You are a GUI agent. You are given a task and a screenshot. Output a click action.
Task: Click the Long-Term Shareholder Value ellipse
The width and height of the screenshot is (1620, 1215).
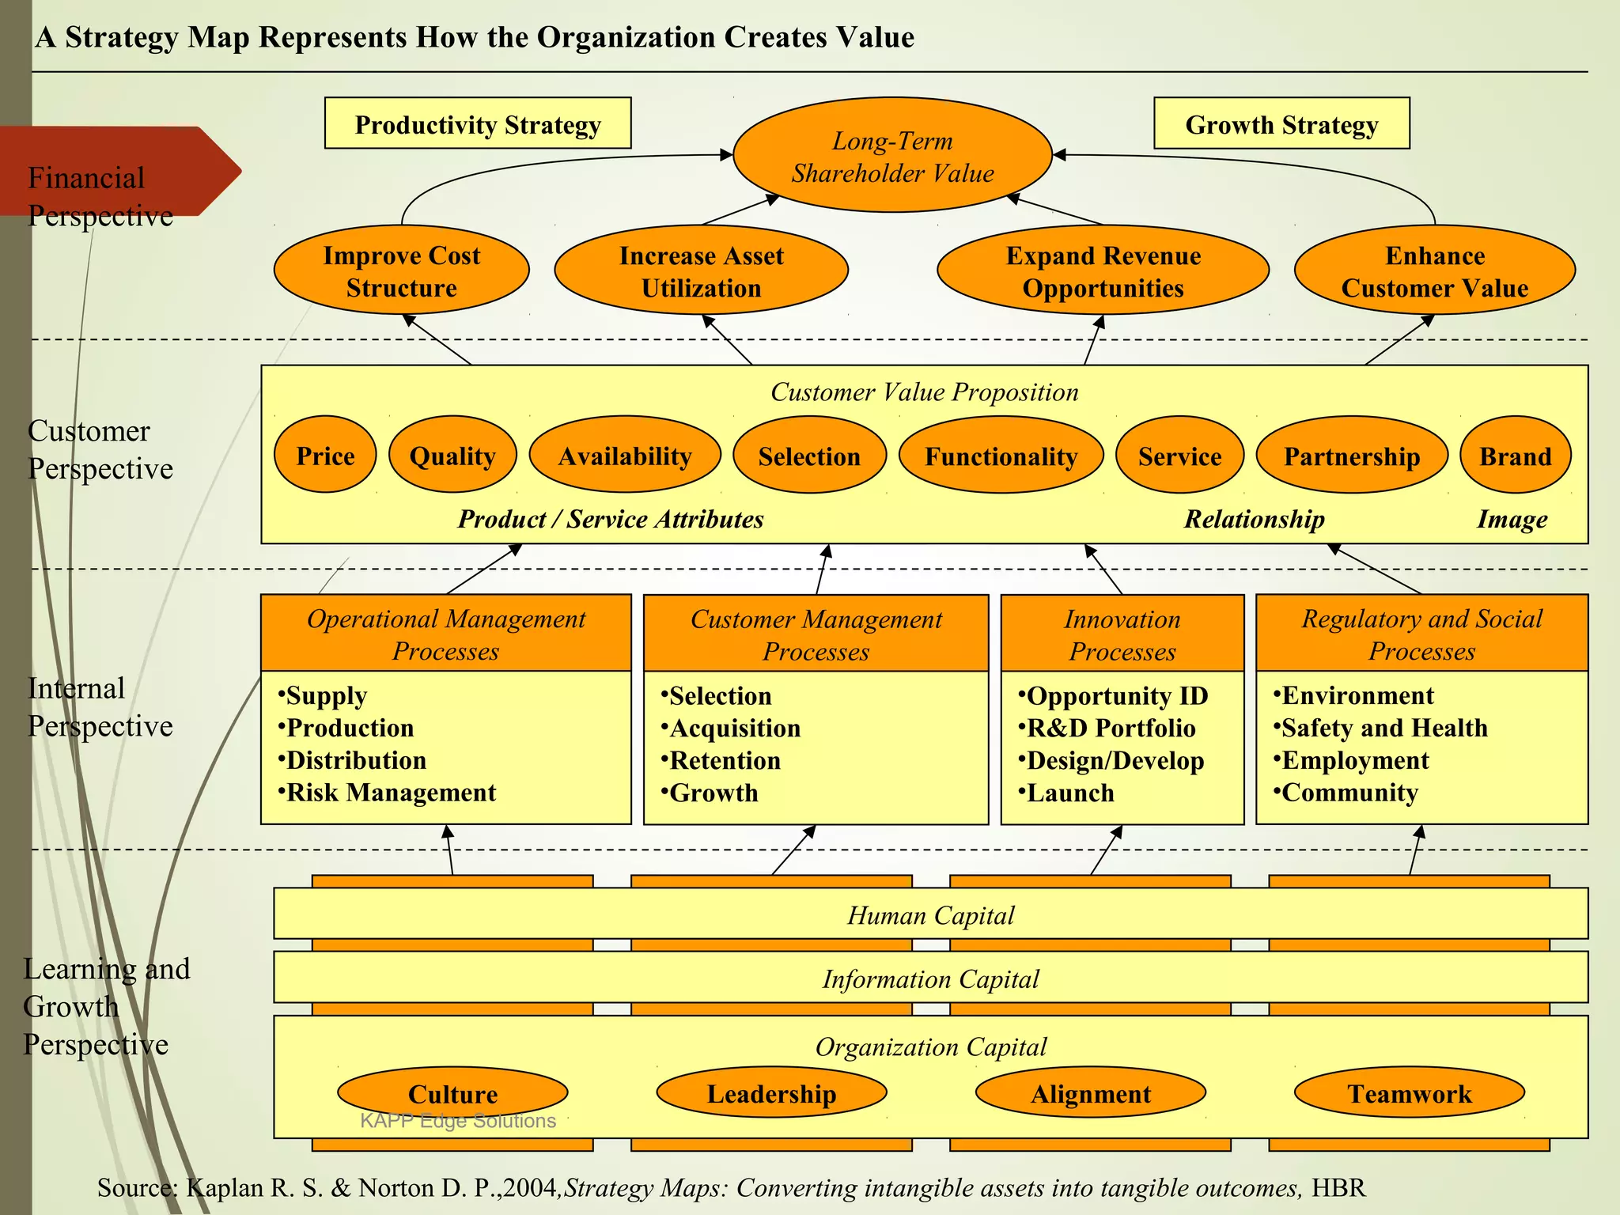[x=892, y=156]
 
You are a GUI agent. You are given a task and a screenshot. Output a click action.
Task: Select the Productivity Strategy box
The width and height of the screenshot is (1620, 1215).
[x=478, y=124]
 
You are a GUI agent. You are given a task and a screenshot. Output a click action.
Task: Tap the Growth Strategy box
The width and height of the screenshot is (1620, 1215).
[x=1281, y=124]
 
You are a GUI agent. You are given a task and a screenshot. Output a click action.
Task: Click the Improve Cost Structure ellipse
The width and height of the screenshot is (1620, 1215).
[x=401, y=271]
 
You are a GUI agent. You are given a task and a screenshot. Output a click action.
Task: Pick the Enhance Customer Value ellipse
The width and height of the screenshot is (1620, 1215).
[x=1434, y=271]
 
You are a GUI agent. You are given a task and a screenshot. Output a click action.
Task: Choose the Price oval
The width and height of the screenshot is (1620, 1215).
[x=325, y=456]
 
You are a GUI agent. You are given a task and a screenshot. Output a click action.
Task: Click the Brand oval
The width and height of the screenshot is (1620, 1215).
[x=1515, y=456]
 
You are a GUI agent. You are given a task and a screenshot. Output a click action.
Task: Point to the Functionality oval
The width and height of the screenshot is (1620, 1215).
[x=1001, y=456]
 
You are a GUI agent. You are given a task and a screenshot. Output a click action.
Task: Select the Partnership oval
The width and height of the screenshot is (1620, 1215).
[x=1351, y=456]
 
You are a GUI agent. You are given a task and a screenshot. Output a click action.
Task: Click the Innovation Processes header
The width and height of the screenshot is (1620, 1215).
[x=1122, y=634]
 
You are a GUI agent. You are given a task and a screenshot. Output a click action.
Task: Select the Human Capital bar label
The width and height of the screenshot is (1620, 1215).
[x=930, y=915]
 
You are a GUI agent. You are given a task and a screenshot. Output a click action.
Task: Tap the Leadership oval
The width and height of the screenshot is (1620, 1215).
[x=771, y=1093]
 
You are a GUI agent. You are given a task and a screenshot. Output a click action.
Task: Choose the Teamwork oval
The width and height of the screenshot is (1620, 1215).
[x=1409, y=1093]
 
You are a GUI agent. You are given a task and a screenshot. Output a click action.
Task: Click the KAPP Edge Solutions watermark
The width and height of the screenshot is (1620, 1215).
[x=457, y=1121]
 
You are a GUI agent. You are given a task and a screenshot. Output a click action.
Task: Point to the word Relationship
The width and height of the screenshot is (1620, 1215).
[x=1254, y=519]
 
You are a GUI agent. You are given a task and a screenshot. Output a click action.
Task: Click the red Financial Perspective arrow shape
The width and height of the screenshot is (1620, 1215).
[x=119, y=170]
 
